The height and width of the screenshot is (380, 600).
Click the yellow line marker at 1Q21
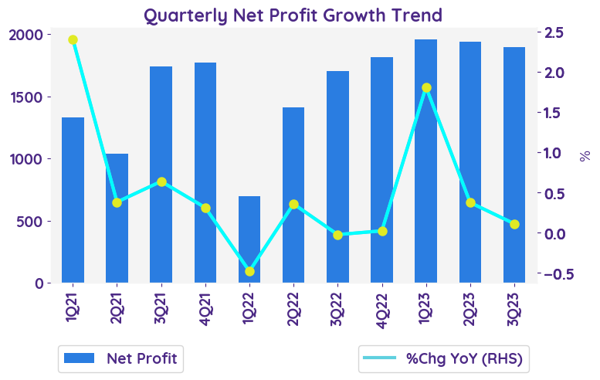pos(73,39)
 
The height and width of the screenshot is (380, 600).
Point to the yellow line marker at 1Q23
pos(426,88)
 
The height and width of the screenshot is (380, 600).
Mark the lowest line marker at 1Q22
pos(249,272)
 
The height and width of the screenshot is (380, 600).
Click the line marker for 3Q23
pos(514,224)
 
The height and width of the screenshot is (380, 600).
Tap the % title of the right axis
pos(585,155)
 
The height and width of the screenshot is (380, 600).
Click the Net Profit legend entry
pos(120,358)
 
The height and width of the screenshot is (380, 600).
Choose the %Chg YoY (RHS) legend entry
pos(444,358)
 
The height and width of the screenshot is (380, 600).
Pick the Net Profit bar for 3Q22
pos(338,177)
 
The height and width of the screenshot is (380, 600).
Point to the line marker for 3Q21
pos(161,182)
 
